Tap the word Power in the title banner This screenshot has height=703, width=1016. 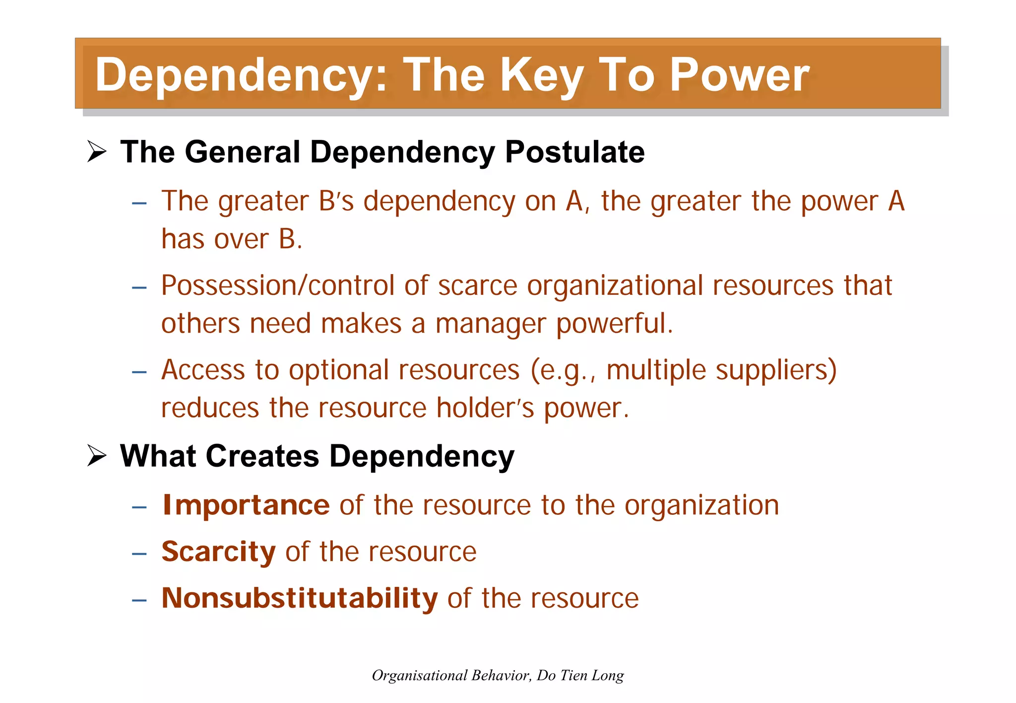click(x=739, y=75)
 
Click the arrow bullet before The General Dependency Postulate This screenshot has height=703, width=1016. click(x=97, y=151)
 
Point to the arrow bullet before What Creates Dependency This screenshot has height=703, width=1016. click(x=97, y=455)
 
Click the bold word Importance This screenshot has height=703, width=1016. click(x=246, y=505)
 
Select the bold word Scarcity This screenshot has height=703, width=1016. click(x=218, y=552)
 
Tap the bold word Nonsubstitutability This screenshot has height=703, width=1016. click(x=300, y=598)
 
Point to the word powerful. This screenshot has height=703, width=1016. click(x=614, y=324)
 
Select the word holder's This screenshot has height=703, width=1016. click(x=485, y=408)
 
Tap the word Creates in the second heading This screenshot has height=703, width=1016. click(x=262, y=456)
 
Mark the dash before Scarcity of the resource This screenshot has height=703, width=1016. click(x=139, y=553)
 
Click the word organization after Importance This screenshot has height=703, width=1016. click(x=701, y=505)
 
